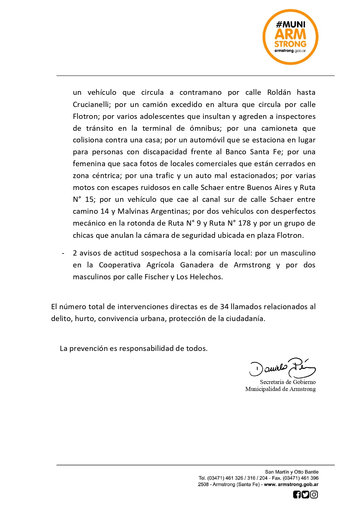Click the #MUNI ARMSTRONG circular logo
(290, 37)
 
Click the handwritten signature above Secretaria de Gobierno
(282, 368)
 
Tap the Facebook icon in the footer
(297, 494)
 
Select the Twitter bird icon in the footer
(305, 494)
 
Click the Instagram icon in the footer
(314, 494)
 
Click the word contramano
(200, 93)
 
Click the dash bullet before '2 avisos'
(63, 253)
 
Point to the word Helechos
(206, 277)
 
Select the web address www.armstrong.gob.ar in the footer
(291, 484)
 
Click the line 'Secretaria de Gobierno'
(287, 382)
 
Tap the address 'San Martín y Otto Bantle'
(292, 472)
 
